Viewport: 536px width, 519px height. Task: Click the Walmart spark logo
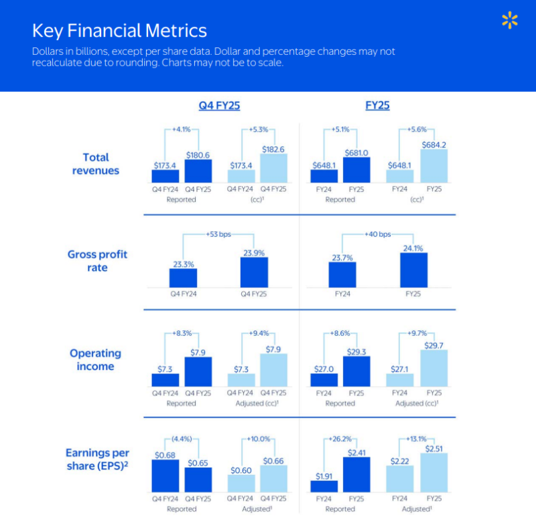click(510, 21)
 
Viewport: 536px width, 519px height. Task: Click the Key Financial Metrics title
click(119, 31)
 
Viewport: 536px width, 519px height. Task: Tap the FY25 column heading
click(377, 106)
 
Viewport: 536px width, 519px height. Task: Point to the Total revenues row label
click(96, 164)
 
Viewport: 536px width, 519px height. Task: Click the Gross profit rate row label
click(97, 261)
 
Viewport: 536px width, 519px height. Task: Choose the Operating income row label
click(96, 360)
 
